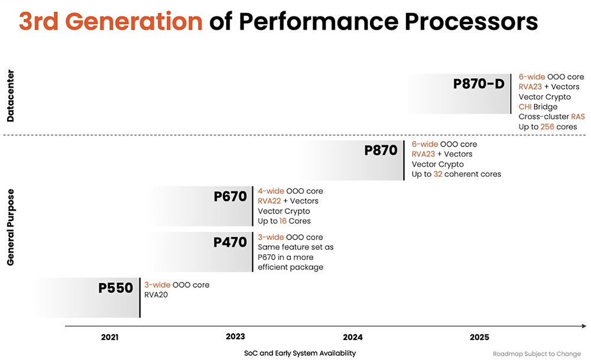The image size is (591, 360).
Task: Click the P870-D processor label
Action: pyautogui.click(x=479, y=83)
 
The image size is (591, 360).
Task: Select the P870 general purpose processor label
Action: pyautogui.click(x=381, y=151)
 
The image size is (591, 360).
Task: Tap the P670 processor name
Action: pyautogui.click(x=230, y=197)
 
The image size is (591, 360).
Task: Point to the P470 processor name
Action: pyautogui.click(x=230, y=242)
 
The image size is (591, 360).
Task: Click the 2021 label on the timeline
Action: pyautogui.click(x=109, y=338)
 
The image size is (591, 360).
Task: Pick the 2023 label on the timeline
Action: pyautogui.click(x=235, y=337)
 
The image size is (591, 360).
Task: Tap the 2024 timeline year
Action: pyautogui.click(x=353, y=338)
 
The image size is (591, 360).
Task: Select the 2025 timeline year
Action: pyautogui.click(x=479, y=338)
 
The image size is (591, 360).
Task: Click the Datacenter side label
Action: pyautogui.click(x=11, y=96)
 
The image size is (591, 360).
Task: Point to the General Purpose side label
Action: pyautogui.click(x=11, y=227)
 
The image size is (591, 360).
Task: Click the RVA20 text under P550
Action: pyautogui.click(x=156, y=294)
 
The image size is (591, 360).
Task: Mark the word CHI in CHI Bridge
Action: pyautogui.click(x=525, y=107)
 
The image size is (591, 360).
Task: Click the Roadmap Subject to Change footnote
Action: pyautogui.click(x=537, y=354)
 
